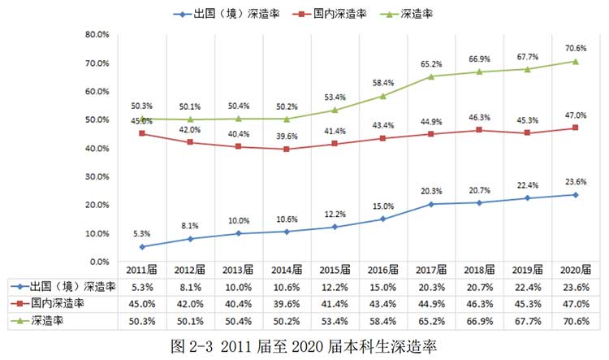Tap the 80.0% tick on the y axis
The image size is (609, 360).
tap(97, 34)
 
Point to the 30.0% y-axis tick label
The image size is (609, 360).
tap(97, 176)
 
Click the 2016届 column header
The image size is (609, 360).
tap(382, 269)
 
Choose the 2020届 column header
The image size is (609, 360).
tap(575, 269)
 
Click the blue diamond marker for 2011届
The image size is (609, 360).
tap(142, 247)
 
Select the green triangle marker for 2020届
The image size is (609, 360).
tap(575, 61)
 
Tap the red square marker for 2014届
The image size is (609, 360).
tap(287, 150)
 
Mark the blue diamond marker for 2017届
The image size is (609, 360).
tap(430, 204)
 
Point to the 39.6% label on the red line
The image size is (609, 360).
tap(287, 137)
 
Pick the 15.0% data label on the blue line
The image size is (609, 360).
tap(382, 206)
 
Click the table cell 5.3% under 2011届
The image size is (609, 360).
tap(142, 287)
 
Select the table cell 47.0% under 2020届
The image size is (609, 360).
tap(575, 304)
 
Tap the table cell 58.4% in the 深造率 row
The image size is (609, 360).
tap(382, 322)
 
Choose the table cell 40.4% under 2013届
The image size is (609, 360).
tap(239, 304)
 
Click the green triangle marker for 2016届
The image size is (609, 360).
tap(382, 96)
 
